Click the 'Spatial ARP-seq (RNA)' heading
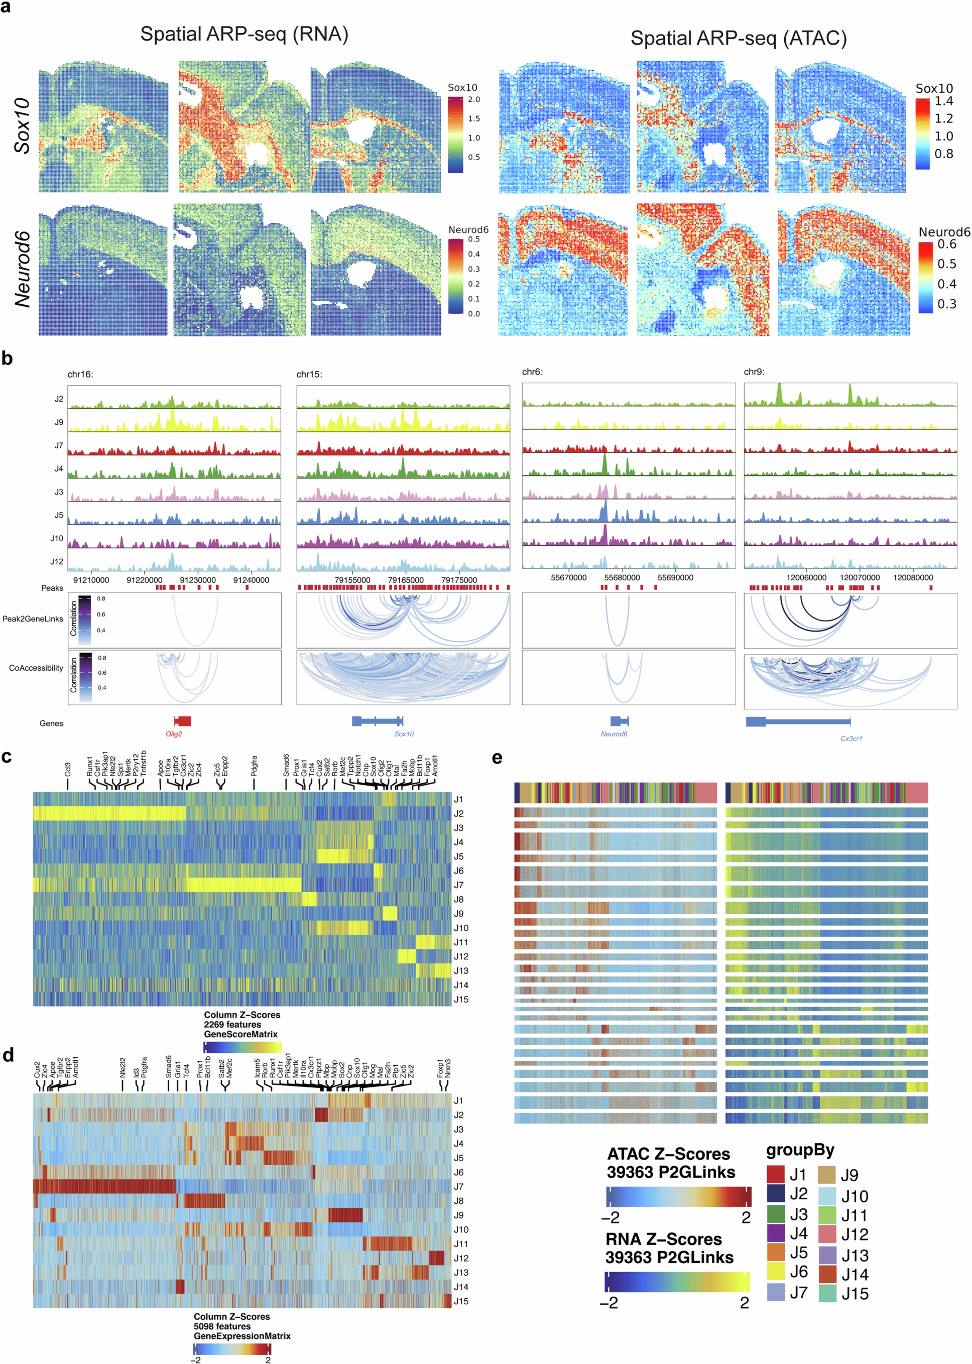(244, 34)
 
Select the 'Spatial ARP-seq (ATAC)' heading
(739, 39)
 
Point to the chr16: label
(80, 375)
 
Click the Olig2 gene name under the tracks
(174, 734)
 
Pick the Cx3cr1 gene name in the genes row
(851, 739)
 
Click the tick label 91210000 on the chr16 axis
(91, 580)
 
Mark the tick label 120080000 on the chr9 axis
(913, 578)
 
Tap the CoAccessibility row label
(36, 668)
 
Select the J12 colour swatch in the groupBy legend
(827, 1234)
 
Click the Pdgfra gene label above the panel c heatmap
(254, 766)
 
